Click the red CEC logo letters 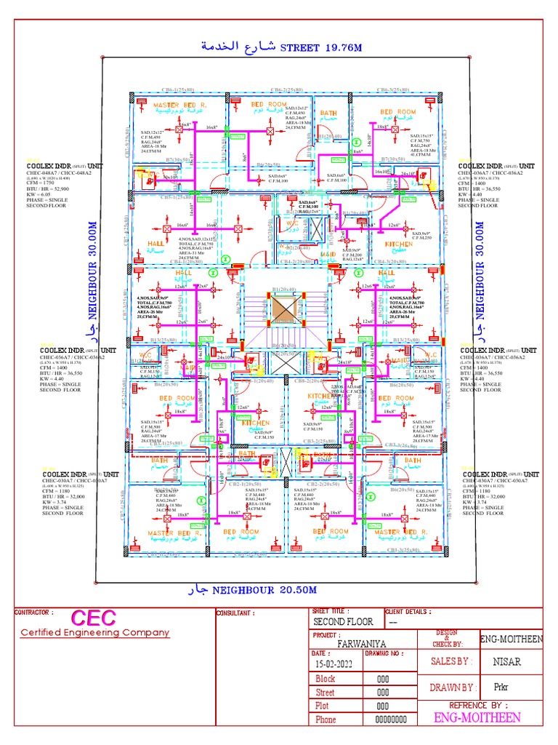93,618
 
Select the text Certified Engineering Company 94,632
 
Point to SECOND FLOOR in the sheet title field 343,622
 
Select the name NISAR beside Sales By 506,661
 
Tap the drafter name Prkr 501,687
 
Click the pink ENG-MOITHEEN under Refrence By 477,717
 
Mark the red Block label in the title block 325,679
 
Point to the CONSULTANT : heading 235,613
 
